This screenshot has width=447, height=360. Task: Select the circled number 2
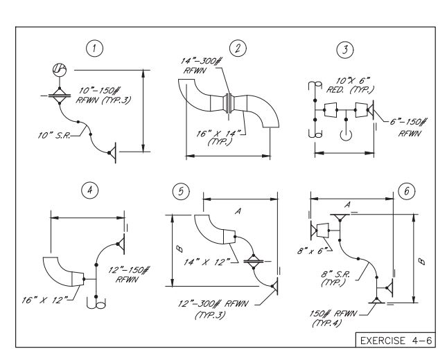click(239, 48)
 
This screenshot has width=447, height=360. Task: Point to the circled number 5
click(182, 192)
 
